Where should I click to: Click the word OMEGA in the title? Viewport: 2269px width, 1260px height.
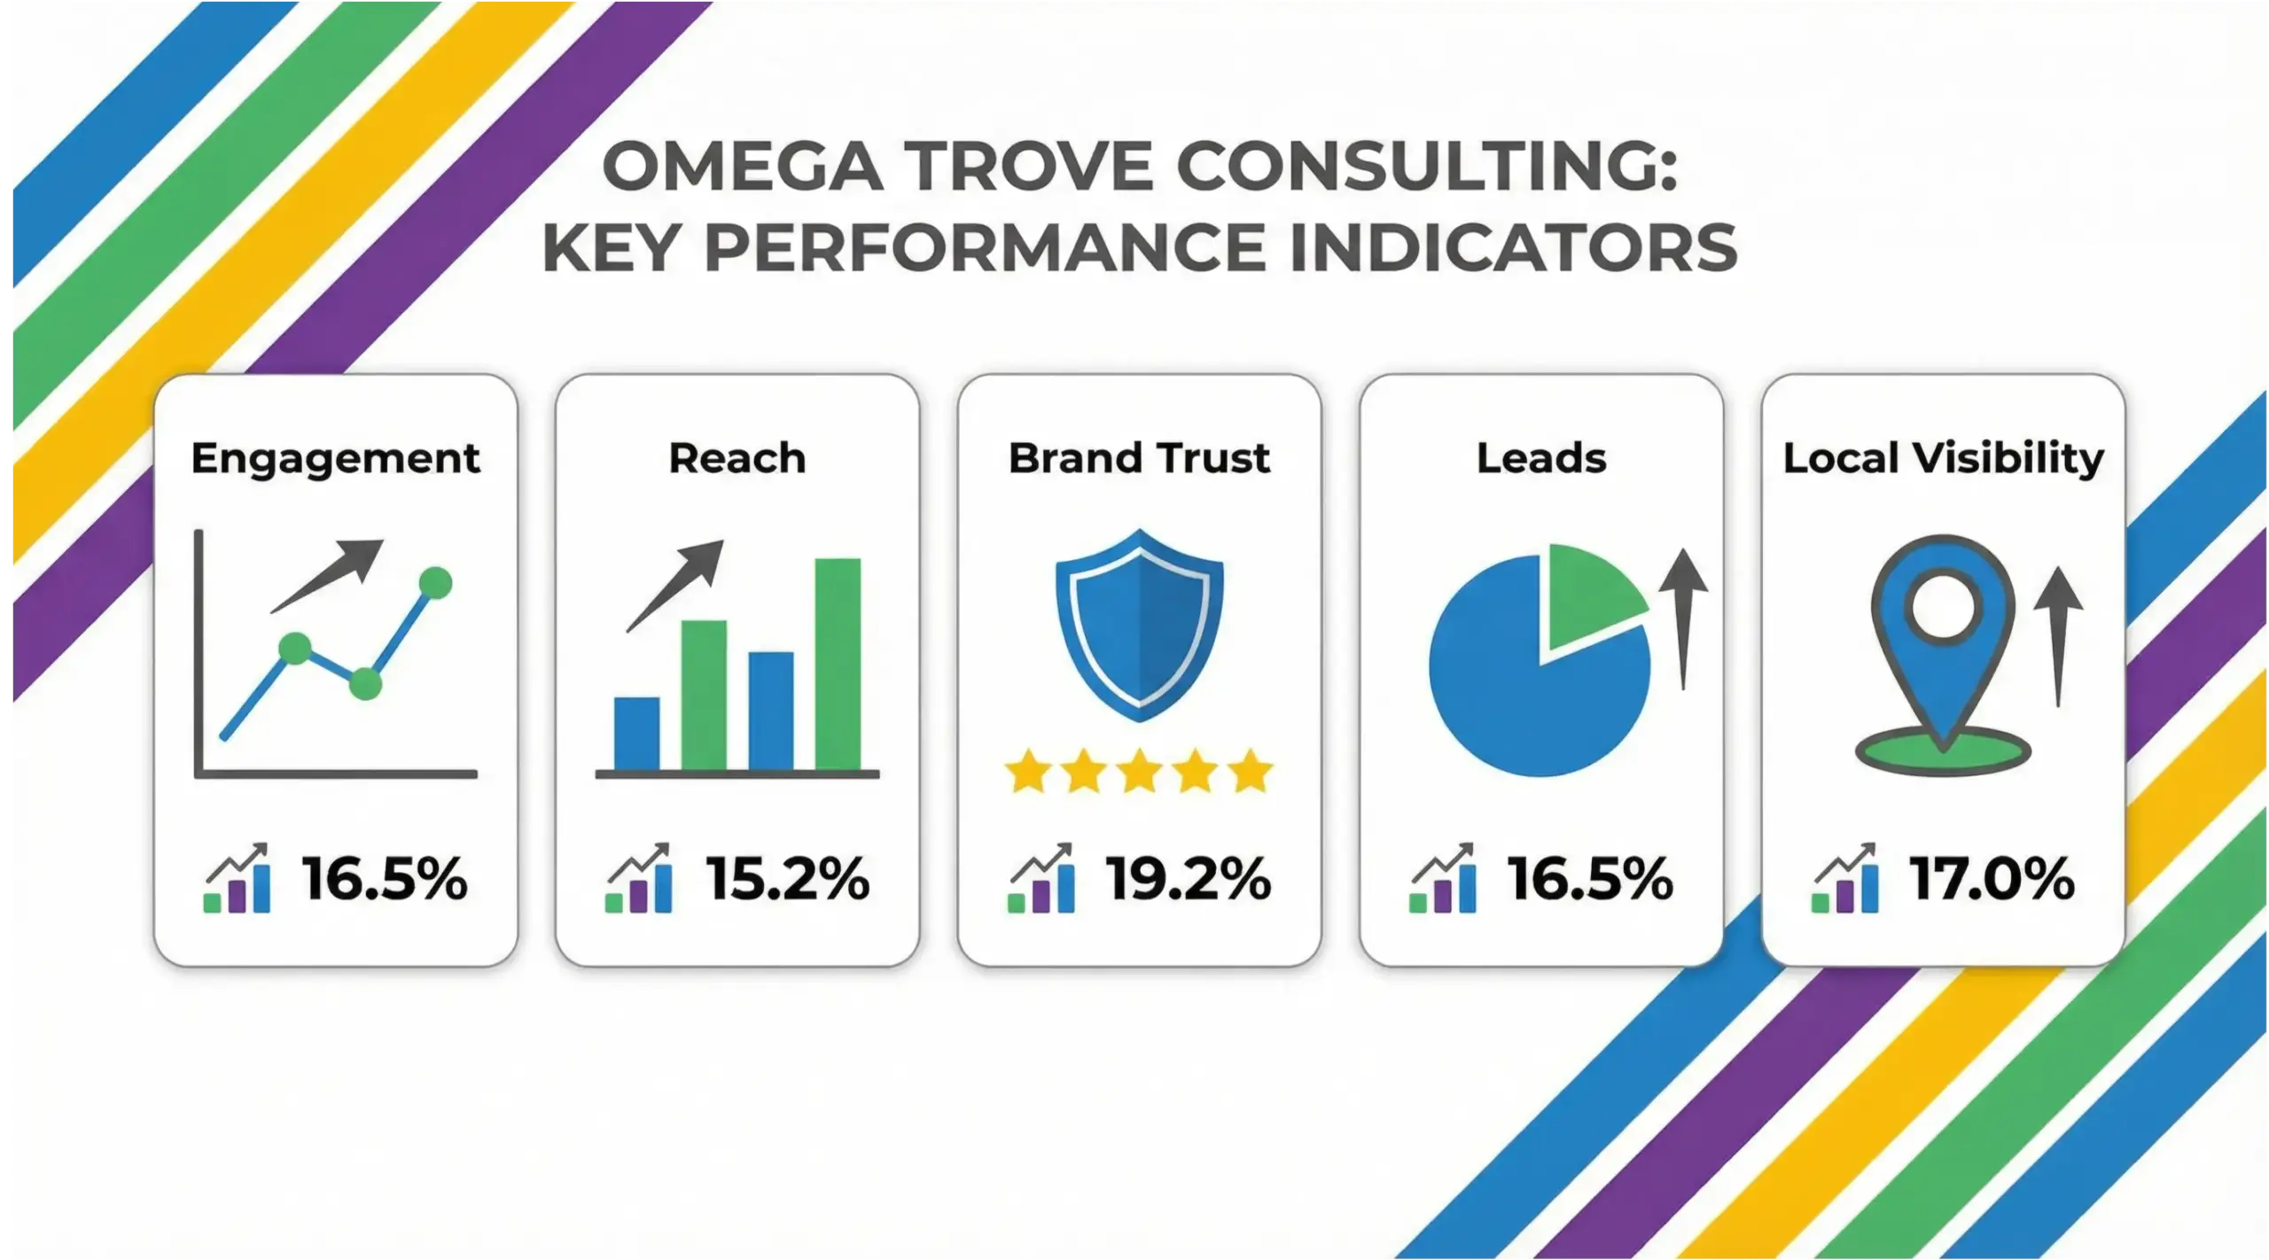pyautogui.click(x=743, y=166)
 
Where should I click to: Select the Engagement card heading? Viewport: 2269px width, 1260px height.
pyautogui.click(x=335, y=458)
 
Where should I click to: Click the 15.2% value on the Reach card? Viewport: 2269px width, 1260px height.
pyautogui.click(x=787, y=879)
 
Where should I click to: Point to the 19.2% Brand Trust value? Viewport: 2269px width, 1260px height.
pyautogui.click(x=1188, y=879)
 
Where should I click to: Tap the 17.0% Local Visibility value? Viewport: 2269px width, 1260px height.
pyautogui.click(x=1992, y=879)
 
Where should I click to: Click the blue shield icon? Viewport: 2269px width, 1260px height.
pyautogui.click(x=1139, y=625)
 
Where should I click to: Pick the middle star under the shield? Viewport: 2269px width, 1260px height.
pyautogui.click(x=1139, y=771)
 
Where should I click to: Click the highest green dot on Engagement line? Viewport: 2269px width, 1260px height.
pyautogui.click(x=434, y=582)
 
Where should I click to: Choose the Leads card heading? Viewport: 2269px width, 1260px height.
pyautogui.click(x=1540, y=458)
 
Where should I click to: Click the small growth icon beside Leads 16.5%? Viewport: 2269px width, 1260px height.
pyautogui.click(x=1444, y=879)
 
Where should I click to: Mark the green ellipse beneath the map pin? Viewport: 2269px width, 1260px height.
pyautogui.click(x=1943, y=753)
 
